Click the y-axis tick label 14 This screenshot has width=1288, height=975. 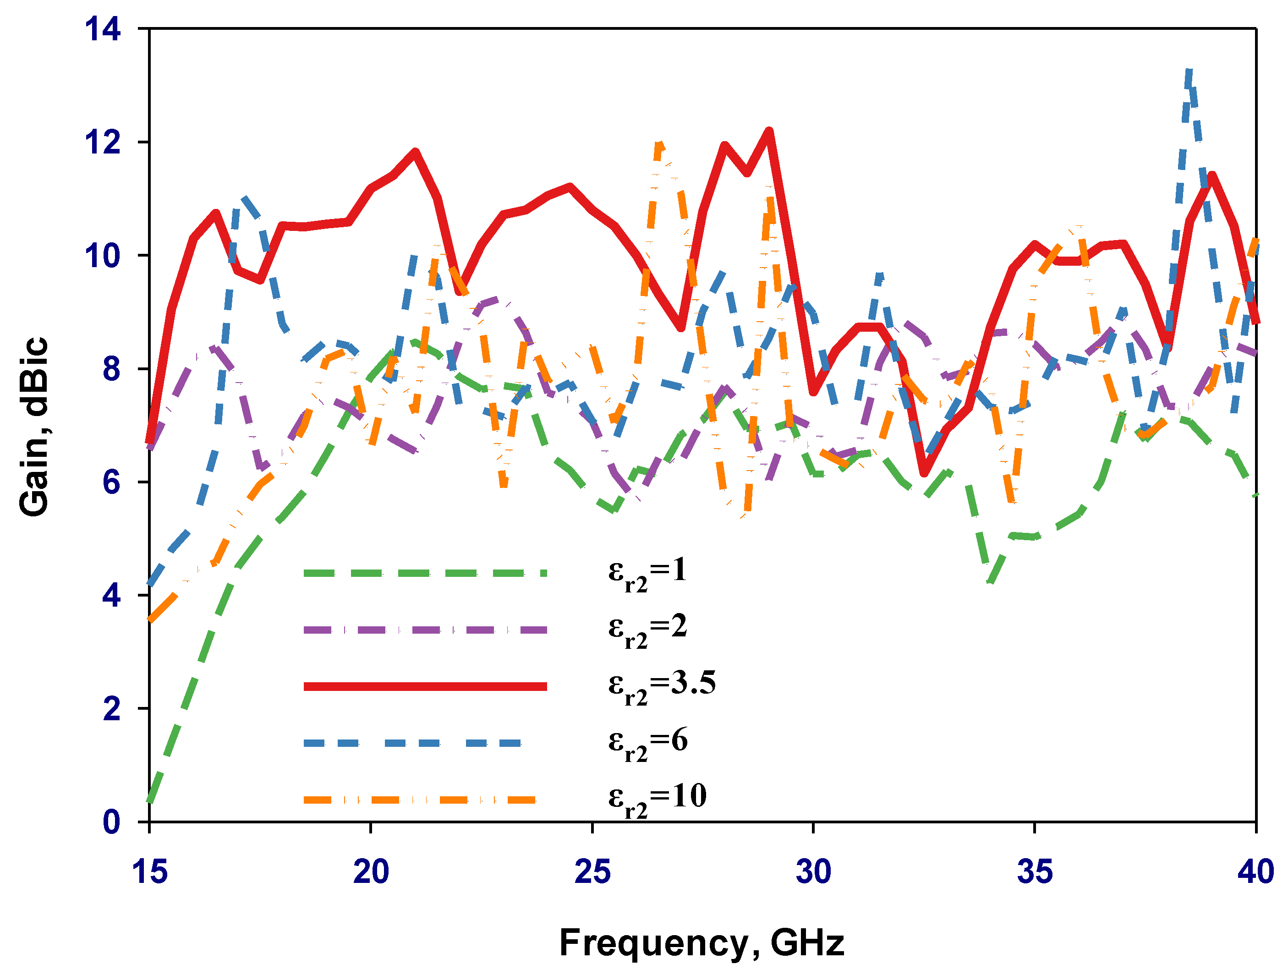pyautogui.click(x=103, y=29)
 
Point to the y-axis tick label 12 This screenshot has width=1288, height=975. pyautogui.click(x=103, y=142)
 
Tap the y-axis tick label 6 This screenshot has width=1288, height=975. pyautogui.click(x=111, y=482)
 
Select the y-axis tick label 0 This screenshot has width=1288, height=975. pyautogui.click(x=111, y=822)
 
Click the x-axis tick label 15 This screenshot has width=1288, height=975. pyautogui.click(x=150, y=872)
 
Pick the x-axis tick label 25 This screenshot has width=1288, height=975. pyautogui.click(x=592, y=872)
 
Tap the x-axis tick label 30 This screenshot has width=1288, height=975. pyautogui.click(x=813, y=872)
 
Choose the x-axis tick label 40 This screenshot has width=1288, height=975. pyautogui.click(x=1255, y=872)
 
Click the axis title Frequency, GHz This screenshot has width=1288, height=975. pyautogui.click(x=702, y=943)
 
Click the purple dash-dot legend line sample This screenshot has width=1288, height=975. pyautogui.click(x=425, y=630)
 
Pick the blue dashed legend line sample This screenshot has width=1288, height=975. pyautogui.click(x=413, y=743)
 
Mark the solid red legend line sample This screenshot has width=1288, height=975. pyautogui.click(x=425, y=687)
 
